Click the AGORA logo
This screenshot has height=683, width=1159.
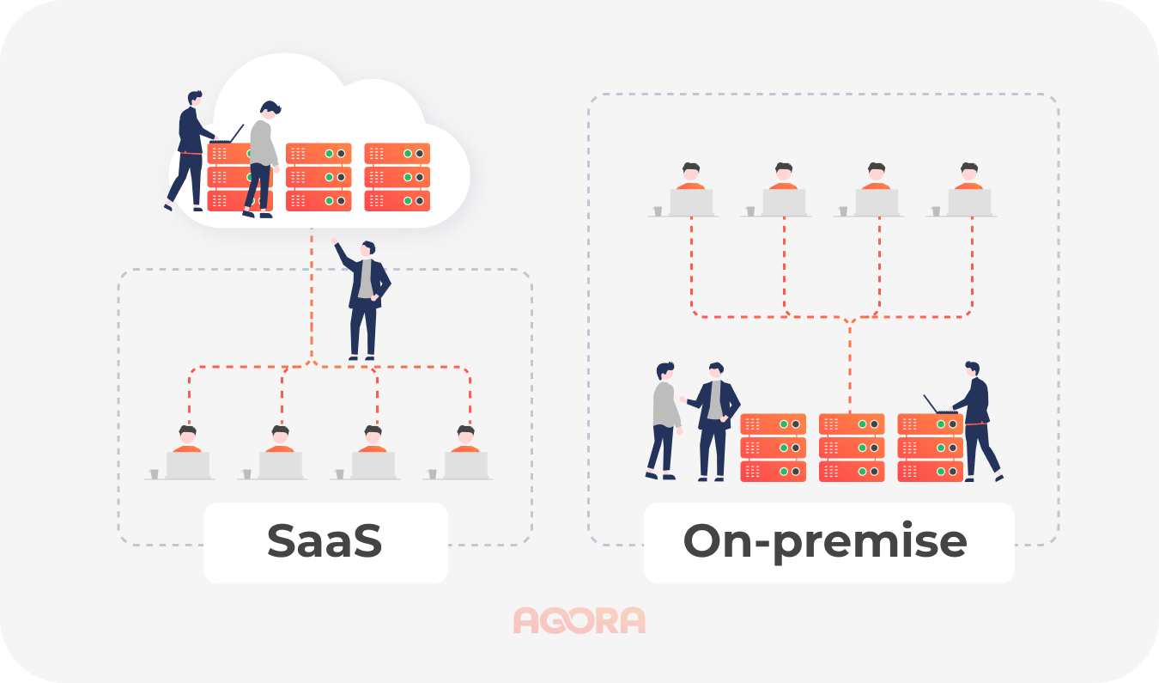[x=579, y=620]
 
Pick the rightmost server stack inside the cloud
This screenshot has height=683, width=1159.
[x=397, y=177]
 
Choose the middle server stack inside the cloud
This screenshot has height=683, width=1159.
[x=319, y=177]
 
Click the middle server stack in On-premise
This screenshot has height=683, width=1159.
[x=851, y=448]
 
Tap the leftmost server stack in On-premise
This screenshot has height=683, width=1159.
[x=773, y=448]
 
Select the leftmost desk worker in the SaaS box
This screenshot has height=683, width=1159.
[x=187, y=452]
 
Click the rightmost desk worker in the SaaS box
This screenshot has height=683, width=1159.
[x=465, y=452]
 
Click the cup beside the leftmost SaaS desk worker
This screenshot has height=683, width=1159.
[x=155, y=473]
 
